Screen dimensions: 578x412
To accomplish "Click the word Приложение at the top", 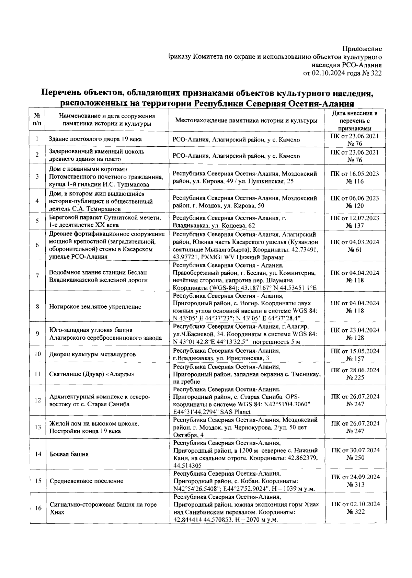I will (363, 49).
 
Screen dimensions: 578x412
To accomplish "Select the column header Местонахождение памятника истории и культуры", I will (246, 121).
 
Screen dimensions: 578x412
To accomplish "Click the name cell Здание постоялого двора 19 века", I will (95, 139).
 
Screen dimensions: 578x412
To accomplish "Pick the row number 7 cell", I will (37, 276).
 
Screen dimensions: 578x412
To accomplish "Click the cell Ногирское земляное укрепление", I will (95, 307).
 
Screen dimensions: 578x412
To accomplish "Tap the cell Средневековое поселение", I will (87, 481).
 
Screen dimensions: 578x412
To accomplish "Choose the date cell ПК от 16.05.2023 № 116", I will (355, 178).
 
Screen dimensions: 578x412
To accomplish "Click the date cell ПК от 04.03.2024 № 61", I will (355, 246).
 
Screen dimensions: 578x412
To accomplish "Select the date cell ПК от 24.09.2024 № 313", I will (355, 481).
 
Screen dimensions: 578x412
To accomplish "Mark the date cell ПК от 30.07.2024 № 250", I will (355, 454).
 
